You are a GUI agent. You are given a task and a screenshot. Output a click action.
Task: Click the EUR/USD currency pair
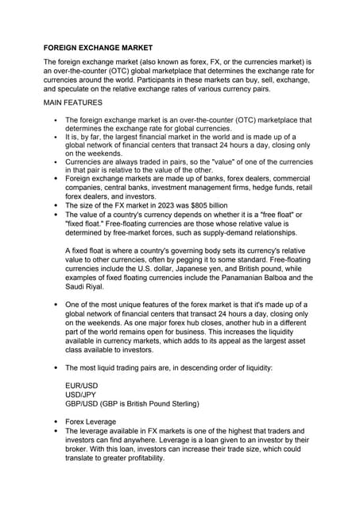coord(82,383)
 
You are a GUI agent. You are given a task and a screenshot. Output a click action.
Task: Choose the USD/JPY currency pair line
coord(82,392)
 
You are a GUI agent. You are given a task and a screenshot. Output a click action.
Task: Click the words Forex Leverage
coord(91,421)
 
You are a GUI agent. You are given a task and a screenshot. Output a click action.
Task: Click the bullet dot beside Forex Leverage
coord(54,421)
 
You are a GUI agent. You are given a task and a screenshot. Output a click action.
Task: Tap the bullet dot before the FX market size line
coord(54,204)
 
